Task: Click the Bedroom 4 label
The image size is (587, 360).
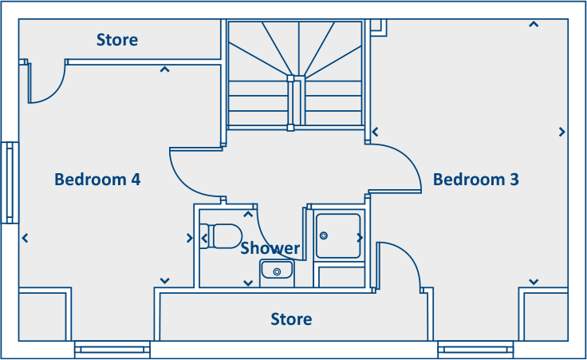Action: (x=97, y=180)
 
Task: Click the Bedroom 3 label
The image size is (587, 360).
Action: (x=475, y=180)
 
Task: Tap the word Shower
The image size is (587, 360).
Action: (x=270, y=248)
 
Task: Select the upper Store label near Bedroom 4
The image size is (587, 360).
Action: (x=117, y=40)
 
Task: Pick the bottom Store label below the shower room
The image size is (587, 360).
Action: (x=291, y=319)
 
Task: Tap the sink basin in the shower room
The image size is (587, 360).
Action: (x=277, y=272)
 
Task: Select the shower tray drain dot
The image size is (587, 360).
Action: (x=324, y=235)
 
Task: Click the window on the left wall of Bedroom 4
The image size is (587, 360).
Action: (x=10, y=183)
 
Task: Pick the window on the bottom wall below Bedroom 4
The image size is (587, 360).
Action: (x=112, y=350)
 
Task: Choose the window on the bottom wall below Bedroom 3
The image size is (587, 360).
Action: (x=475, y=350)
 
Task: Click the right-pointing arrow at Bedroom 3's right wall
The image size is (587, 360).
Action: (x=562, y=132)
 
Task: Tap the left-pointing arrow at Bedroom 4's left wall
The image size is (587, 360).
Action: (x=26, y=237)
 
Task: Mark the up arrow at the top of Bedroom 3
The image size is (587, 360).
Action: (x=533, y=24)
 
